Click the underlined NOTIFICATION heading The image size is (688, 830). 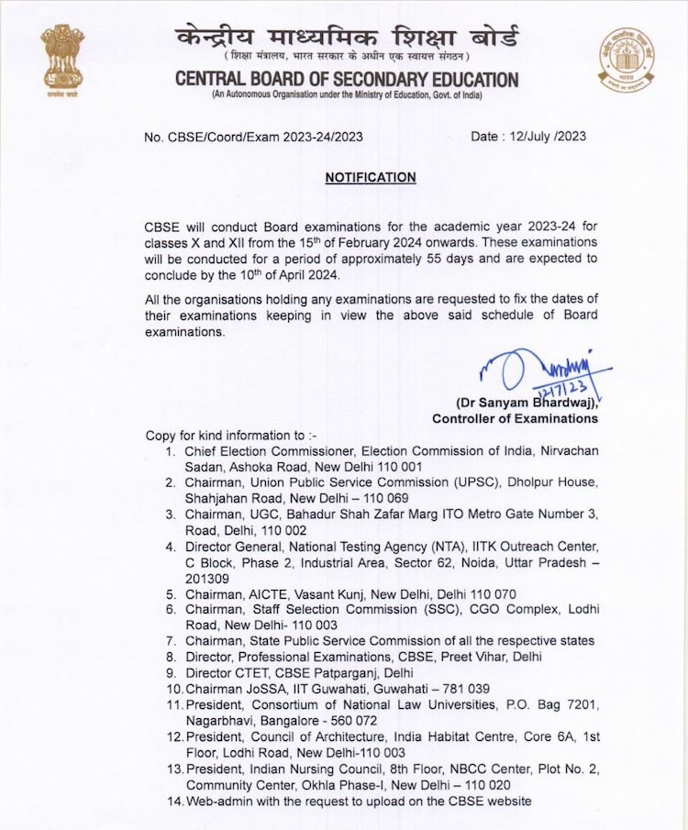pyautogui.click(x=370, y=178)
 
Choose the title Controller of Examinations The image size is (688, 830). pyautogui.click(x=516, y=418)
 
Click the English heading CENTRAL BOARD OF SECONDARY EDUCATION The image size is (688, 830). pyautogui.click(x=347, y=80)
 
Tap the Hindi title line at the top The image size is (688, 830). pyautogui.click(x=347, y=39)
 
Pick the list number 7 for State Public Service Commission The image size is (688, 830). pyautogui.click(x=171, y=640)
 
